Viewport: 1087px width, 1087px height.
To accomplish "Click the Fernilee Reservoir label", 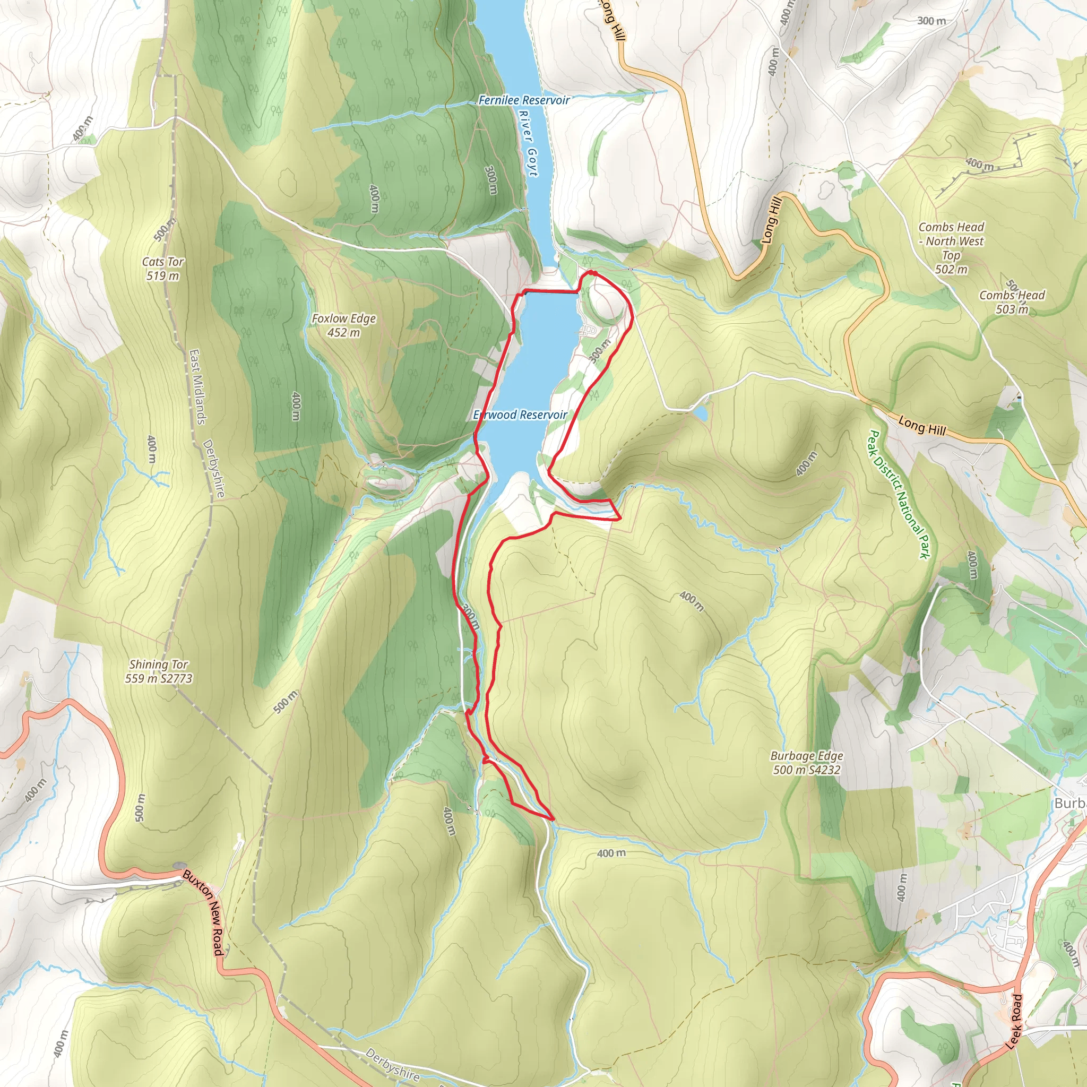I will tap(523, 100).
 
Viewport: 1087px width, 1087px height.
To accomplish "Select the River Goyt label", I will tap(528, 143).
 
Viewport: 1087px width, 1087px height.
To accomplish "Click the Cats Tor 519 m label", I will tap(162, 269).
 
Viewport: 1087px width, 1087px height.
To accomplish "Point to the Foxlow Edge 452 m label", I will tap(344, 325).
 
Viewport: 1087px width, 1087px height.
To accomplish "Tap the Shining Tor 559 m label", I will tap(159, 671).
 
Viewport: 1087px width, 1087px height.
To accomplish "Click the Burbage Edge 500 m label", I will tap(806, 763).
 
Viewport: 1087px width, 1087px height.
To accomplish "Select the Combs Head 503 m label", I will tap(1012, 302).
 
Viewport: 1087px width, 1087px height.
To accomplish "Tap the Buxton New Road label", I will tap(204, 912).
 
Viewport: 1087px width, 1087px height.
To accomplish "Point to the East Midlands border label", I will tap(197, 386).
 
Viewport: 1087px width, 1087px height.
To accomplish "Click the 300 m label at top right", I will tap(931, 21).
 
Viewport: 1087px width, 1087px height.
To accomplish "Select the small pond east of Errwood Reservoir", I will tap(701, 413).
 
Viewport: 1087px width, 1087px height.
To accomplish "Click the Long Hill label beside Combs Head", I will tap(921, 425).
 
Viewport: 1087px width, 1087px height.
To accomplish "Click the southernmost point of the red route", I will tap(553, 818).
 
